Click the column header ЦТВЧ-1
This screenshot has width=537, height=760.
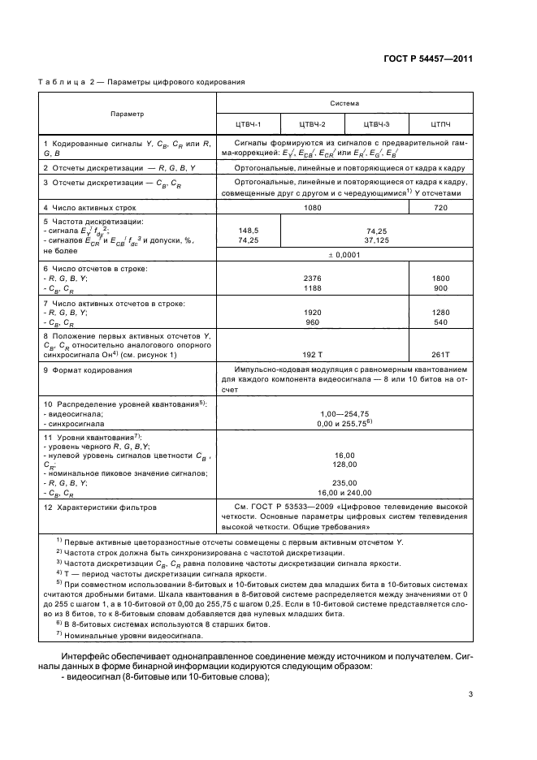coord(248,124)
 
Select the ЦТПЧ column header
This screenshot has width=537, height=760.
coord(440,124)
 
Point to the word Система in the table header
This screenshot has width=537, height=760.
coord(344,104)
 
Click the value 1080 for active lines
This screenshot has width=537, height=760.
coord(312,209)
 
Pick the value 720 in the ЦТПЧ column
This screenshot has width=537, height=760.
coord(440,209)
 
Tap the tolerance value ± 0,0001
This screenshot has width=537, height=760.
coord(344,254)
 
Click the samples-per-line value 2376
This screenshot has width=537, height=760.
coord(312,278)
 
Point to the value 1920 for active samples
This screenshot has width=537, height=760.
coord(312,312)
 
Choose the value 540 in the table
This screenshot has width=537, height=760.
coord(440,322)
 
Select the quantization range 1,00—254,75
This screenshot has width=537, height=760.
coord(344,413)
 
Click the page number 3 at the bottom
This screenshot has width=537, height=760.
coord(470,693)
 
